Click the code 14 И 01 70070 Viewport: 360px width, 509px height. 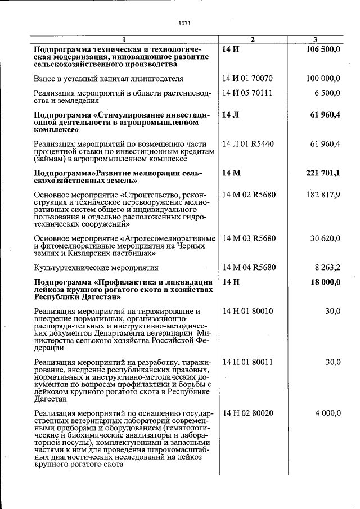247,79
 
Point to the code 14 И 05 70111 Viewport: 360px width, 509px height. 247,93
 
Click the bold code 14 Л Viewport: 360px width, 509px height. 231,115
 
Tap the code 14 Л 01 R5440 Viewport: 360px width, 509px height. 248,144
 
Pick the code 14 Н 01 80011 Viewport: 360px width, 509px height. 247,362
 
